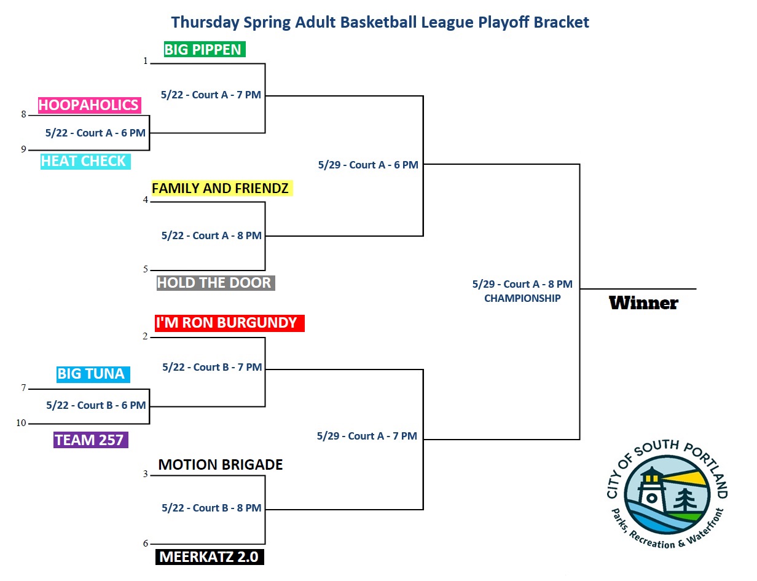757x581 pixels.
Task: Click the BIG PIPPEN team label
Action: (205, 49)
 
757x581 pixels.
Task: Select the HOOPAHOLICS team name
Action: (90, 105)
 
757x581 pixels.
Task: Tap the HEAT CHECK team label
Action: (85, 161)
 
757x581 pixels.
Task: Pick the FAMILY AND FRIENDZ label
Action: (222, 188)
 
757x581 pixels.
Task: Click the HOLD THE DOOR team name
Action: (216, 283)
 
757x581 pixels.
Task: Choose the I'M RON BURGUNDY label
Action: (230, 323)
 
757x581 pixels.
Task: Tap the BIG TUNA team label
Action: (93, 374)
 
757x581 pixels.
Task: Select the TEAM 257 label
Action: (90, 440)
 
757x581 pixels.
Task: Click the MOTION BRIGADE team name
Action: (220, 465)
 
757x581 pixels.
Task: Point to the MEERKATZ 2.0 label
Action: (210, 556)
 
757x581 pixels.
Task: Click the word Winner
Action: (643, 303)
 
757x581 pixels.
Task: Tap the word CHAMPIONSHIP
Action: (522, 298)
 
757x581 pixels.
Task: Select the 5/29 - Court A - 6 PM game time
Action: (368, 165)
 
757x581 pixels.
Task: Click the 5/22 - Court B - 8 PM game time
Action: (211, 508)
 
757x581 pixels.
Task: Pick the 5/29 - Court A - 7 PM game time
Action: (367, 436)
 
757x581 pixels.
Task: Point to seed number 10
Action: (22, 423)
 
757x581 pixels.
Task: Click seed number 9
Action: (23, 149)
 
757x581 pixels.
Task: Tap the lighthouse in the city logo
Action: (651, 489)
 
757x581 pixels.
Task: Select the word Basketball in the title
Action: (378, 22)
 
